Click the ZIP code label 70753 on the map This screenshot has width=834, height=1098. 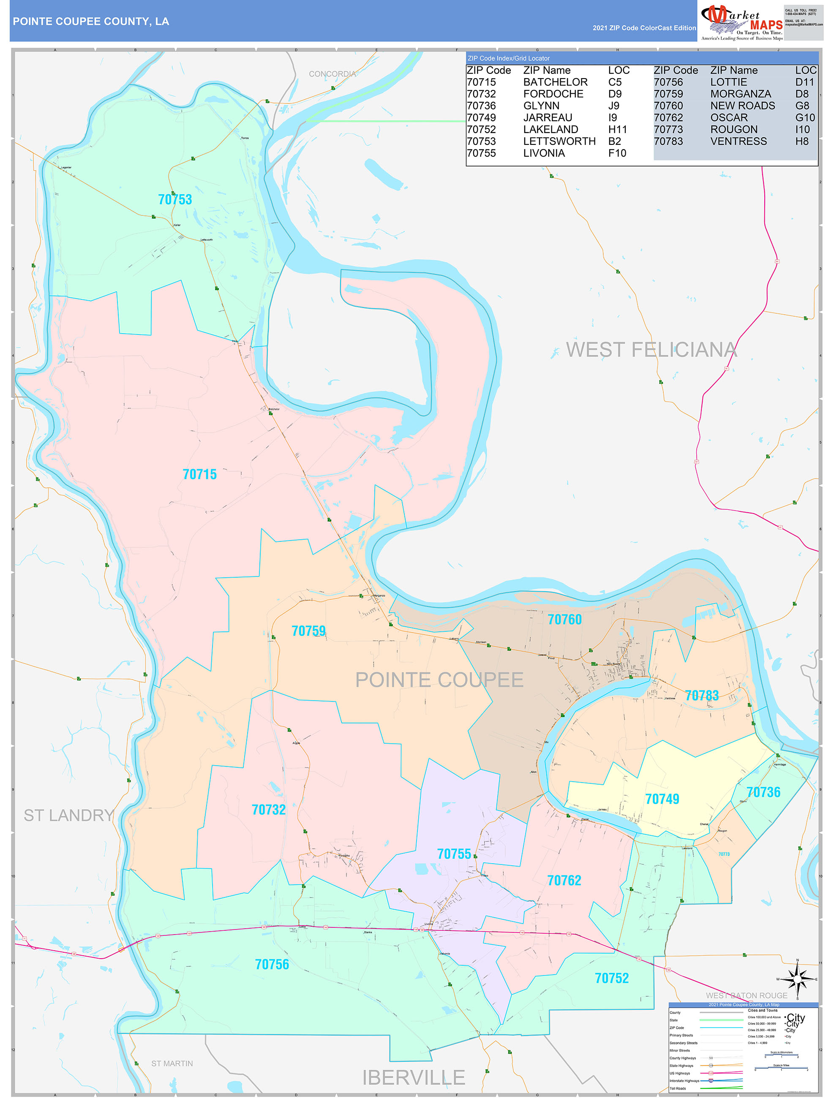click(175, 200)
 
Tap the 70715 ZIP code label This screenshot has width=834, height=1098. click(200, 475)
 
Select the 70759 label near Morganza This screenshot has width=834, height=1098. click(308, 631)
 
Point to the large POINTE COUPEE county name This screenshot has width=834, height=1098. click(439, 679)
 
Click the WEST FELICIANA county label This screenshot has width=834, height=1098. click(651, 350)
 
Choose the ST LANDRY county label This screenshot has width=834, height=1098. click(69, 815)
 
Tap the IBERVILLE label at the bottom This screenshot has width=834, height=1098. click(413, 1077)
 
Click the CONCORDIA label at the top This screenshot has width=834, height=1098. click(333, 74)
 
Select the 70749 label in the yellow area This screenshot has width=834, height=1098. click(662, 799)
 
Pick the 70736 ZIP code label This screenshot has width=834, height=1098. click(763, 792)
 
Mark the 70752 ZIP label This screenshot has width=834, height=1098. click(611, 978)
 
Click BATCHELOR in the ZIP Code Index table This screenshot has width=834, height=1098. click(555, 82)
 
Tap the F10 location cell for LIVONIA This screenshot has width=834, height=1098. click(617, 153)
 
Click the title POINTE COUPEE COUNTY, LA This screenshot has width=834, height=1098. click(91, 22)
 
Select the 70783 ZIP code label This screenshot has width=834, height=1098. click(701, 696)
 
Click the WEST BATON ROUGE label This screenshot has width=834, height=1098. click(746, 995)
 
